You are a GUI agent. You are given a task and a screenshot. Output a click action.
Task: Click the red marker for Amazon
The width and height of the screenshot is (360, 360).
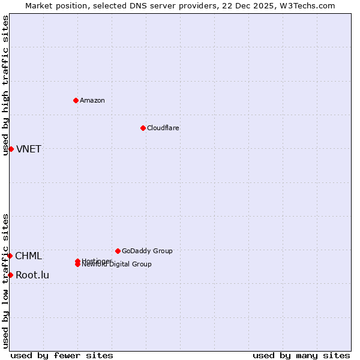tap(76, 100)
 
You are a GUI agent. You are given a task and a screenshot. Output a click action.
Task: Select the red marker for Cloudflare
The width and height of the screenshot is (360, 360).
tap(143, 128)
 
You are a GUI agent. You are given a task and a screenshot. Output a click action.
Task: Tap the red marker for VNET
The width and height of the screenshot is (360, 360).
tap(11, 149)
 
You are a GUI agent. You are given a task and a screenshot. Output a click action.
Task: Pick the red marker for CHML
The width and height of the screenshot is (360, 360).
tap(10, 256)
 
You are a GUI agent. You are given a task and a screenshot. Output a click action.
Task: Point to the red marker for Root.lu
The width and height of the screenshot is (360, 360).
tap(10, 275)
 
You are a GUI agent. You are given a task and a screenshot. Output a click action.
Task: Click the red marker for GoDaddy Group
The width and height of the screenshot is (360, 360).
tap(118, 251)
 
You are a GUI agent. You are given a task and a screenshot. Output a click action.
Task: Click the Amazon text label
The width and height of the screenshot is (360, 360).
tap(92, 100)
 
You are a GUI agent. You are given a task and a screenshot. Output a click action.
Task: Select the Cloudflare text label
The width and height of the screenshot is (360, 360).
tap(163, 128)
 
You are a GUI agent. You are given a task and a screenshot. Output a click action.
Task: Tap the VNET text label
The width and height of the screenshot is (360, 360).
tap(28, 149)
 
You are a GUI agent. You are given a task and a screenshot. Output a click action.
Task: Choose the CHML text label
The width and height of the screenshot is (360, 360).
tap(28, 256)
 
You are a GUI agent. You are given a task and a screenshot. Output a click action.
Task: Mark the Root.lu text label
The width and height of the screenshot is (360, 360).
tap(32, 275)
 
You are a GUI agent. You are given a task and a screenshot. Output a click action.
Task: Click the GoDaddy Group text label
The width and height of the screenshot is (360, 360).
tap(147, 251)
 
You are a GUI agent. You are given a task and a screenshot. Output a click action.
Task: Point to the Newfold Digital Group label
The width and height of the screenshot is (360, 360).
tap(117, 265)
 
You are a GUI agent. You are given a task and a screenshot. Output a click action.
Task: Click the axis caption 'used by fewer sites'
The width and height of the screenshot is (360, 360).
tap(62, 355)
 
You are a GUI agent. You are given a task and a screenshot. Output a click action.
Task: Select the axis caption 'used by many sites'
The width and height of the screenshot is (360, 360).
tap(301, 355)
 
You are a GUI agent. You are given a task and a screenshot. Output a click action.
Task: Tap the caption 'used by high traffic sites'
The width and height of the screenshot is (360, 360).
tap(6, 85)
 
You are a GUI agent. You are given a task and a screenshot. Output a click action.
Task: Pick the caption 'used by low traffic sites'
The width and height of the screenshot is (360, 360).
tap(6, 281)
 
